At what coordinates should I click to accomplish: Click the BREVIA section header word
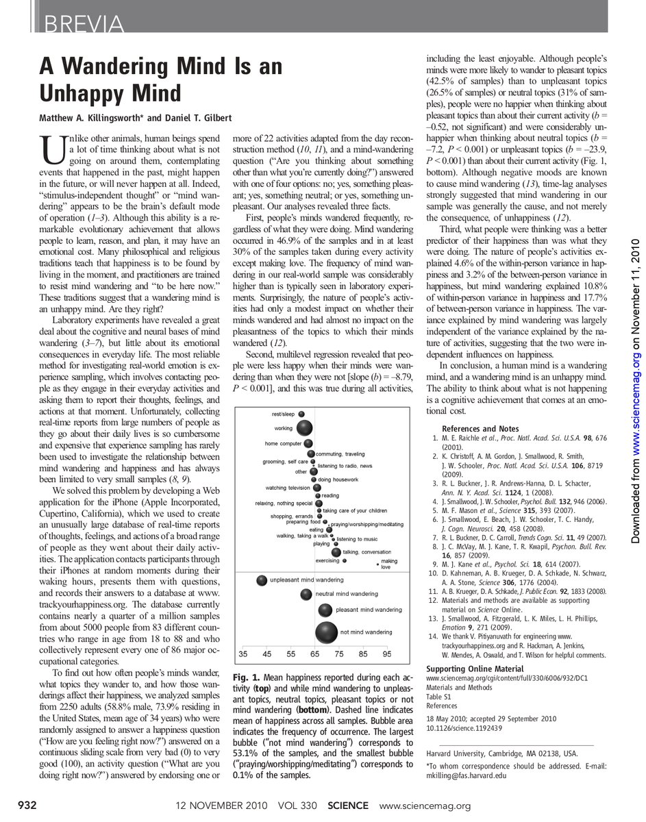click(83, 24)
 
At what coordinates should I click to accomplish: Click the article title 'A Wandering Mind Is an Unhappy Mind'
click(160, 79)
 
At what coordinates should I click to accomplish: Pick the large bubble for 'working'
click(304, 428)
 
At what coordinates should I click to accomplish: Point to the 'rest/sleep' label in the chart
click(283, 414)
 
